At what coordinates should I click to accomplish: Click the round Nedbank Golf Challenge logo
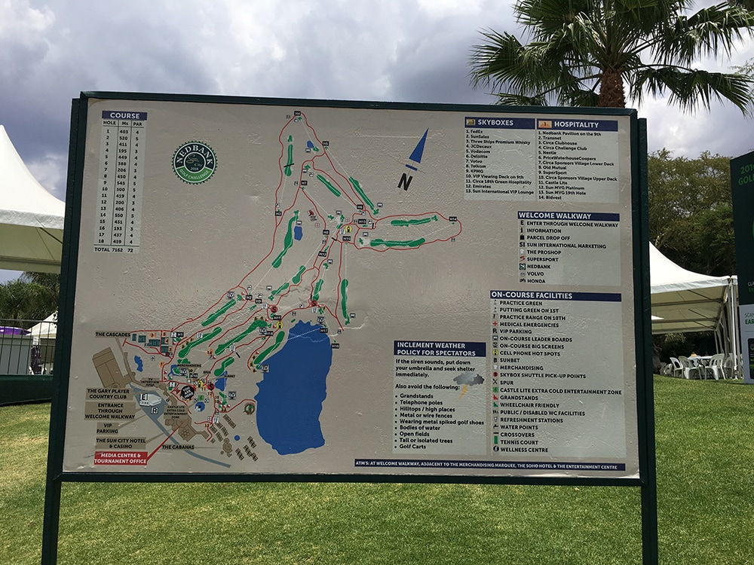[x=194, y=162]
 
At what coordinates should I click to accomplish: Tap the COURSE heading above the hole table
[x=124, y=115]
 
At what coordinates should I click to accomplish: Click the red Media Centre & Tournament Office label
[x=121, y=457]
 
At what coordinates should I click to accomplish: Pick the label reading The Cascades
[x=112, y=334]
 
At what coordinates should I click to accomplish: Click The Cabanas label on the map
[x=177, y=447]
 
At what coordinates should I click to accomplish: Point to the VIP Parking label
[x=108, y=427]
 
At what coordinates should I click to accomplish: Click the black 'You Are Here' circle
[x=187, y=392]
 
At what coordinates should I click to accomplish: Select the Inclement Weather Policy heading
[x=439, y=349]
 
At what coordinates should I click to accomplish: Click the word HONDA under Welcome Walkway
[x=536, y=281]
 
